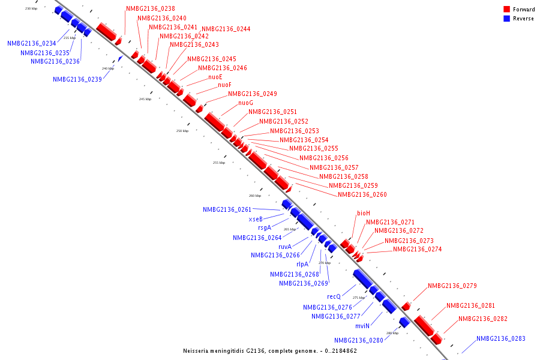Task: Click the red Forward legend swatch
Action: click(x=507, y=10)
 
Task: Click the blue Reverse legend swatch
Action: click(x=507, y=19)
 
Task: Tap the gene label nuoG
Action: click(x=245, y=103)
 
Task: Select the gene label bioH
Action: click(x=364, y=213)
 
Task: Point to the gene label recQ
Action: click(x=334, y=296)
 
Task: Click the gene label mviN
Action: click(x=362, y=326)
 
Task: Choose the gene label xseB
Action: click(x=256, y=219)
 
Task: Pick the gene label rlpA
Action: click(x=302, y=264)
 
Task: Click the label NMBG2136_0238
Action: click(x=151, y=9)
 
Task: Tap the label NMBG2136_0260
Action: click(x=362, y=194)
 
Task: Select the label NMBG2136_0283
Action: click(x=500, y=338)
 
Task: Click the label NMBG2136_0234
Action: click(x=32, y=43)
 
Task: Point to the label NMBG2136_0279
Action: click(x=452, y=286)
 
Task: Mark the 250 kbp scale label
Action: click(x=182, y=131)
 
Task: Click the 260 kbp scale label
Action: click(x=255, y=196)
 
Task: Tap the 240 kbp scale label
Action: click(x=108, y=68)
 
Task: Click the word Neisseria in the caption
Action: click(x=196, y=350)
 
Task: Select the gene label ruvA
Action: click(x=285, y=247)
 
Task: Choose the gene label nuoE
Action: click(x=215, y=77)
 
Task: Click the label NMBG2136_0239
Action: click(x=77, y=79)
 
